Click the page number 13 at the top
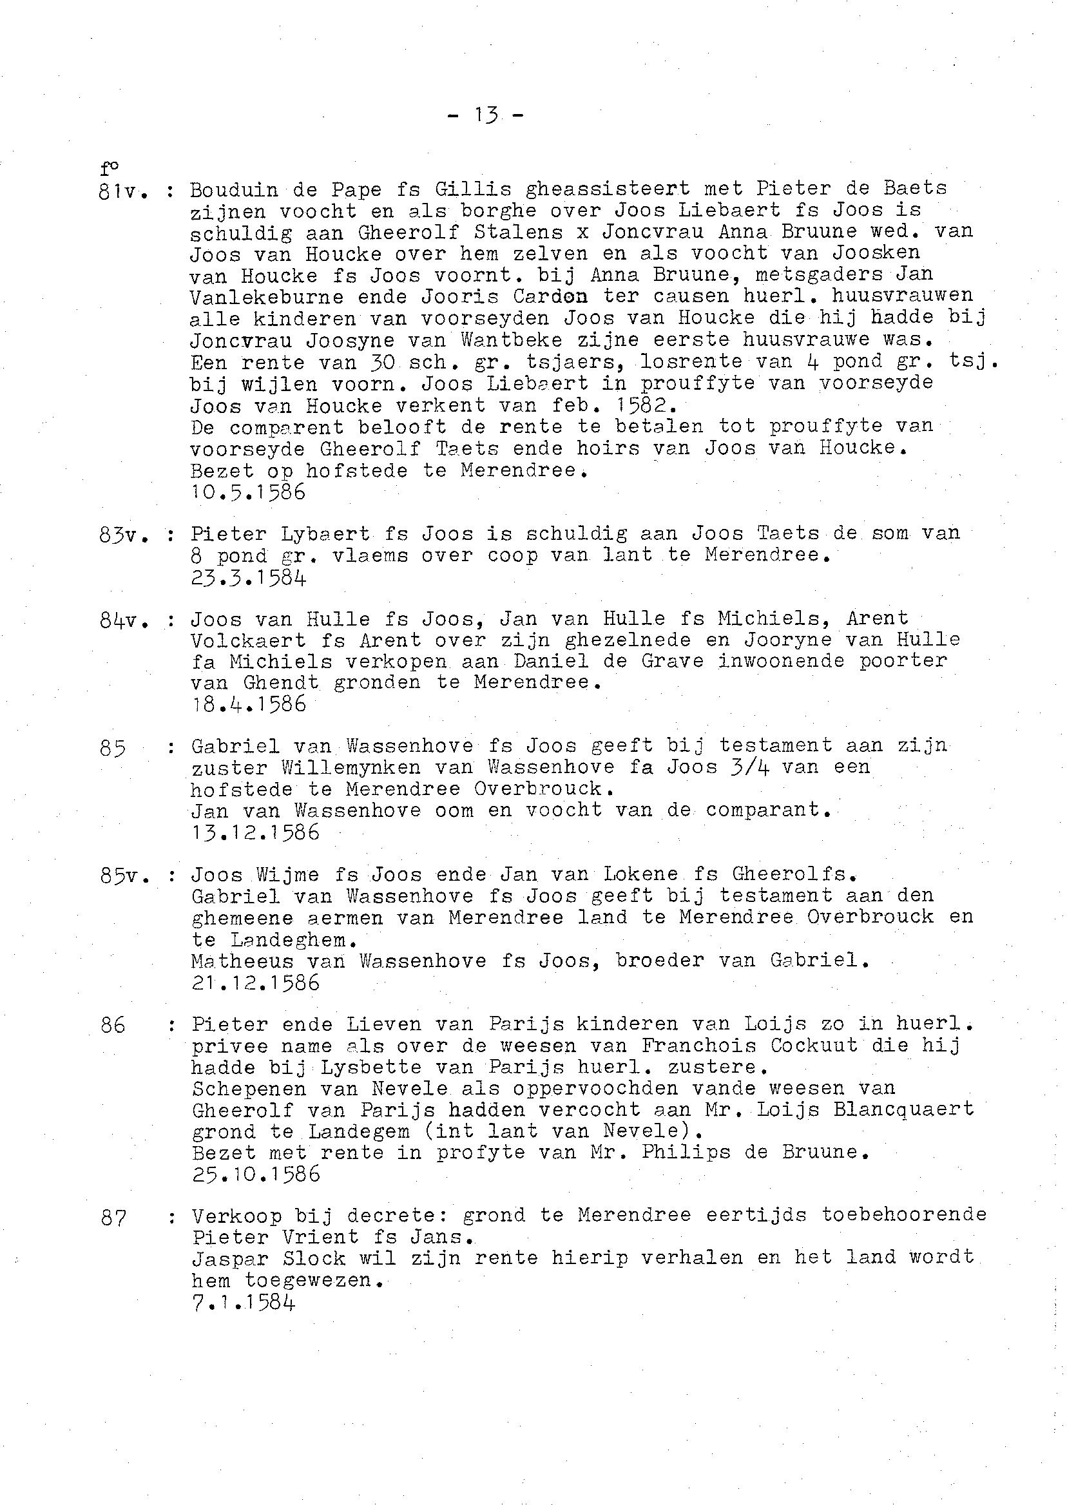(485, 116)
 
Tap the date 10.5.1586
(248, 492)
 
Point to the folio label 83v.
(122, 535)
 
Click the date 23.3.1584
(248, 577)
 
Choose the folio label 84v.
(122, 620)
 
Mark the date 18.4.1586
(248, 704)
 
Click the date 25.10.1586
(256, 1173)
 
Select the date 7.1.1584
(243, 1301)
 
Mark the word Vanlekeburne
(267, 296)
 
